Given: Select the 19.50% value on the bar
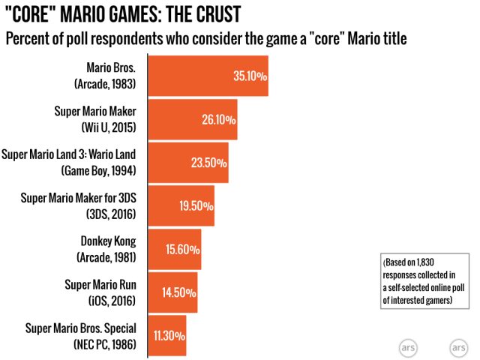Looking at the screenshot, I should click(x=195, y=206).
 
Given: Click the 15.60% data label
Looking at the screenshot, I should click(x=181, y=250).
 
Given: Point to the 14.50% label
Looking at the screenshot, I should click(x=179, y=293).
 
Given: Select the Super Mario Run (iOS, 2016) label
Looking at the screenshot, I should click(x=97, y=292).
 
